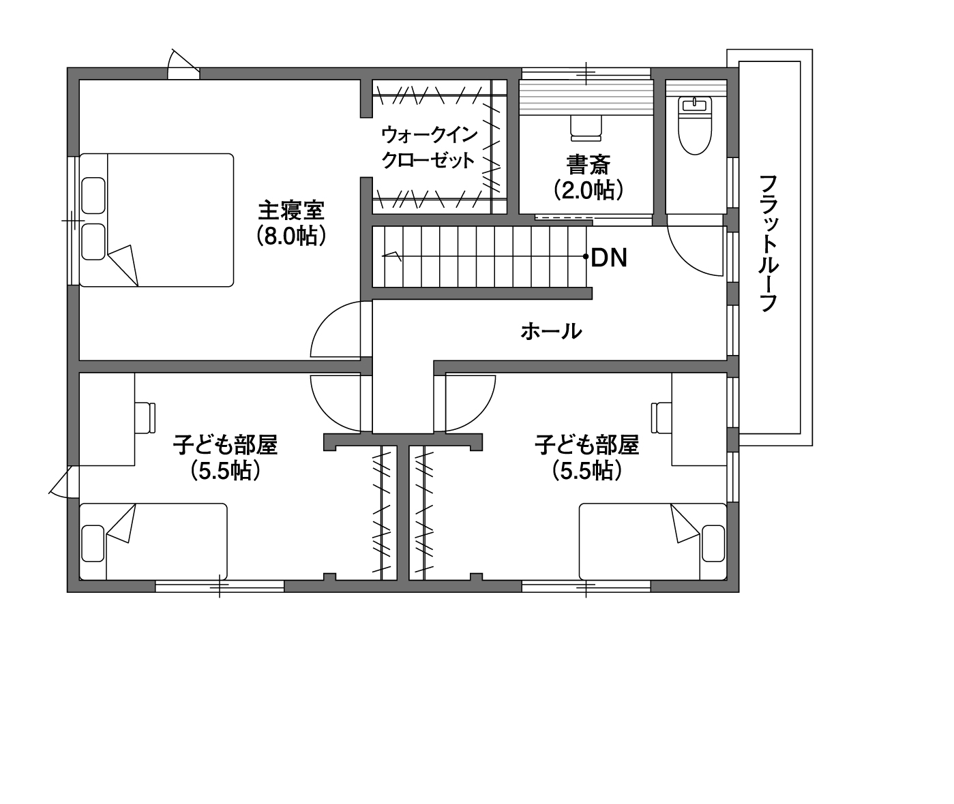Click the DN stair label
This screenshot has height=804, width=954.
pos(608,258)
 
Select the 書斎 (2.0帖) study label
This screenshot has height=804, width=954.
pos(588,178)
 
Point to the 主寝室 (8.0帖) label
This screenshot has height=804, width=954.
pos(291,223)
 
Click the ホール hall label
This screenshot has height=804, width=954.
pos(552,331)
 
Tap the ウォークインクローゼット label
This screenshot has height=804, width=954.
pos(428,147)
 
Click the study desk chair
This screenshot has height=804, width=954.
pos(585,128)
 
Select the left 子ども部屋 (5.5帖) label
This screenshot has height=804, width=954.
pos(225,457)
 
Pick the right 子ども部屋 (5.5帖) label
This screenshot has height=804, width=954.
pos(586,457)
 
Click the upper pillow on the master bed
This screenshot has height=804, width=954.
pos(93,196)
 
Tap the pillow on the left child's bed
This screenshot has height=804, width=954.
pos(93,543)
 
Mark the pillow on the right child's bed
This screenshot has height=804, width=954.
pos(713,543)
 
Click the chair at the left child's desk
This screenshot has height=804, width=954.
pos(145,417)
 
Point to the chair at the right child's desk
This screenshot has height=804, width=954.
pos(661,417)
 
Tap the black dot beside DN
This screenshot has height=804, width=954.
pos(586,257)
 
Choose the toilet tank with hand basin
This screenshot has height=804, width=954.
pos(695,105)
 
